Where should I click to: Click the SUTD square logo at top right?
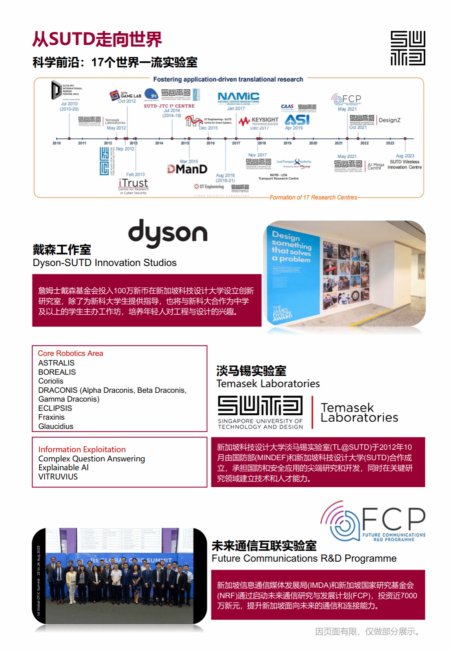coord(408,48)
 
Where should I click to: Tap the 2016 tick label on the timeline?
coord(210,143)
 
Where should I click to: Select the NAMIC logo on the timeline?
coord(238,97)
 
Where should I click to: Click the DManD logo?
coord(187,169)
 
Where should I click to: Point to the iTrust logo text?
coord(133,183)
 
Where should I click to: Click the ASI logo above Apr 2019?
coord(297,120)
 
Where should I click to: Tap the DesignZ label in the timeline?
coord(389,120)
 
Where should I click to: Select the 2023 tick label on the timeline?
coord(390,143)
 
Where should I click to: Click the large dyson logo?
coord(168,233)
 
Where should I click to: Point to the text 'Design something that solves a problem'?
coord(292,247)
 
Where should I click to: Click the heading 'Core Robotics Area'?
coord(70,353)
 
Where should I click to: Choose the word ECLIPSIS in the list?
coord(55,408)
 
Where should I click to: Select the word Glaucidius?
coord(56,427)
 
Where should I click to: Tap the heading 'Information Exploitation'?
coord(82,449)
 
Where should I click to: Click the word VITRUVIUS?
coord(58,477)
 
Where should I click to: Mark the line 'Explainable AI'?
coord(63,467)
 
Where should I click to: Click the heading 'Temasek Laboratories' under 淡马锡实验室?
coord(268,384)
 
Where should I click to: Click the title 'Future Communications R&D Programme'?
coord(304,559)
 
